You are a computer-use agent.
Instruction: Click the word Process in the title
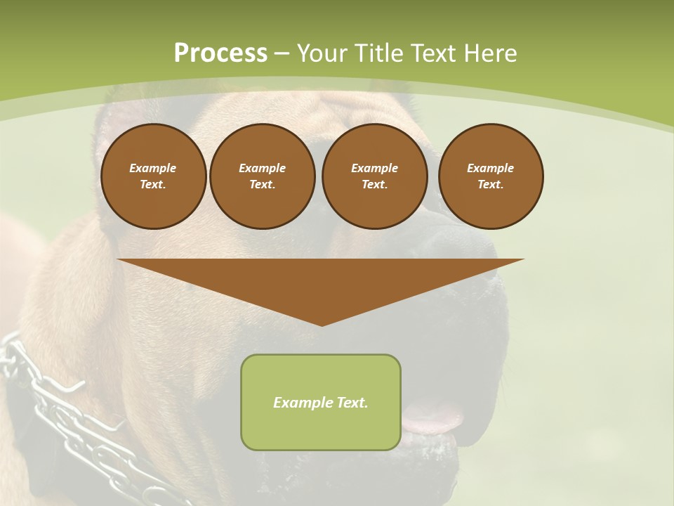(x=220, y=53)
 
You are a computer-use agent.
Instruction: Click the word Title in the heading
(x=377, y=53)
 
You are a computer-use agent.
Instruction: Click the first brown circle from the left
(x=153, y=176)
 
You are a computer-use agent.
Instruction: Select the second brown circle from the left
(x=262, y=176)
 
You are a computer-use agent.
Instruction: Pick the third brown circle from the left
(x=374, y=176)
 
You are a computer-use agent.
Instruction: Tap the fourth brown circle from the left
(x=490, y=176)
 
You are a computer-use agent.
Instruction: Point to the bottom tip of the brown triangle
(x=322, y=325)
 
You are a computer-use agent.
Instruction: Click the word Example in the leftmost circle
(x=153, y=168)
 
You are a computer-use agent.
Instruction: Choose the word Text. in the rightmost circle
(x=490, y=185)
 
